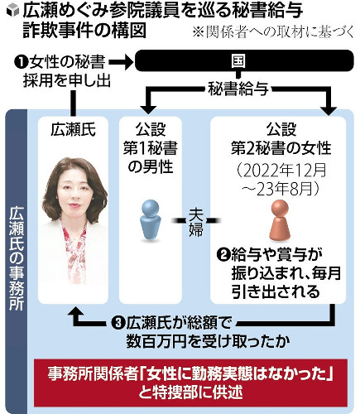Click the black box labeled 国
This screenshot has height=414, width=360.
point(244,60)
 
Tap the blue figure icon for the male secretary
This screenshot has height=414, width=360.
point(151,220)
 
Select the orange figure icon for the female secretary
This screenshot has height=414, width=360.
point(280,220)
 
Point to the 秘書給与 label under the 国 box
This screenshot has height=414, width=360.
point(238,89)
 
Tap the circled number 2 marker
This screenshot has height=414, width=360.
point(223,254)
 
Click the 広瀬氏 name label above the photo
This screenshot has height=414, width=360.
point(73,129)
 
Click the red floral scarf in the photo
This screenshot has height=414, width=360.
point(73,251)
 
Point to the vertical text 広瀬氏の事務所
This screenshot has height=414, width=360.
point(17,259)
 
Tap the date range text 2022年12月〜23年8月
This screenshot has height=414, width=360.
point(281,181)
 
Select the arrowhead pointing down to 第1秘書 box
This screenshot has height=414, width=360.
point(148,108)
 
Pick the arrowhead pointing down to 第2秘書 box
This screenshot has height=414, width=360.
point(329,109)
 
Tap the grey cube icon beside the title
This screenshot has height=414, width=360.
point(12,11)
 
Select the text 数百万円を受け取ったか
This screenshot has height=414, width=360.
point(208,342)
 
